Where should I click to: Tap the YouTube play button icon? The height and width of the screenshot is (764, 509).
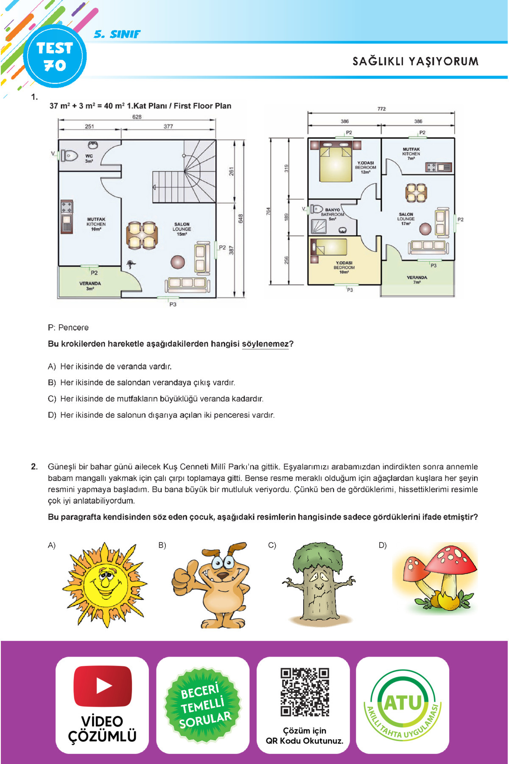103,685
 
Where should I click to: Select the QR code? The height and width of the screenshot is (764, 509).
305,692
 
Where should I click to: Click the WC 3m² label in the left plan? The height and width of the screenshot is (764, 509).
89,158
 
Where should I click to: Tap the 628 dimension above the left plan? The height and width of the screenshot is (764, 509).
137,117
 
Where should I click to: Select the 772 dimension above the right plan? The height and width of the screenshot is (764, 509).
381,109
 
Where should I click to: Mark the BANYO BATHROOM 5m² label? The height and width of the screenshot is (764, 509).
332,214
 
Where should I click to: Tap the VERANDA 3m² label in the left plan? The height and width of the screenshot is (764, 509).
90,286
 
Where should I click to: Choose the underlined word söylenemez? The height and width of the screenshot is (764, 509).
265,344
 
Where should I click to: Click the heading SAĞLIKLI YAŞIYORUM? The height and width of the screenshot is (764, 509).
415,62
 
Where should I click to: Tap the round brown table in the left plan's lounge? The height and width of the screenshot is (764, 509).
178,262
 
